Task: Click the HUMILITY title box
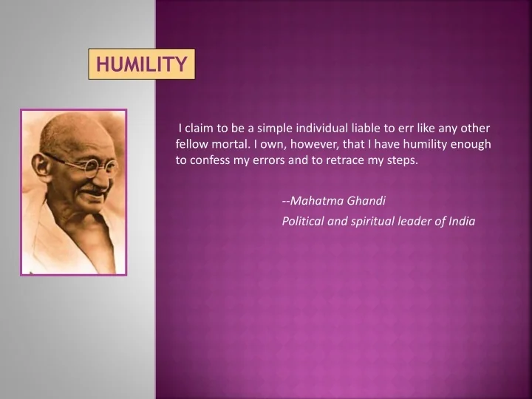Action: pos(141,64)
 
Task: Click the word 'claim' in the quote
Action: pos(198,128)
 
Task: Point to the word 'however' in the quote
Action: pos(315,144)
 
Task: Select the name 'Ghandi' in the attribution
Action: pos(367,200)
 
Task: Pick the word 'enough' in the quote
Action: pos(473,144)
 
